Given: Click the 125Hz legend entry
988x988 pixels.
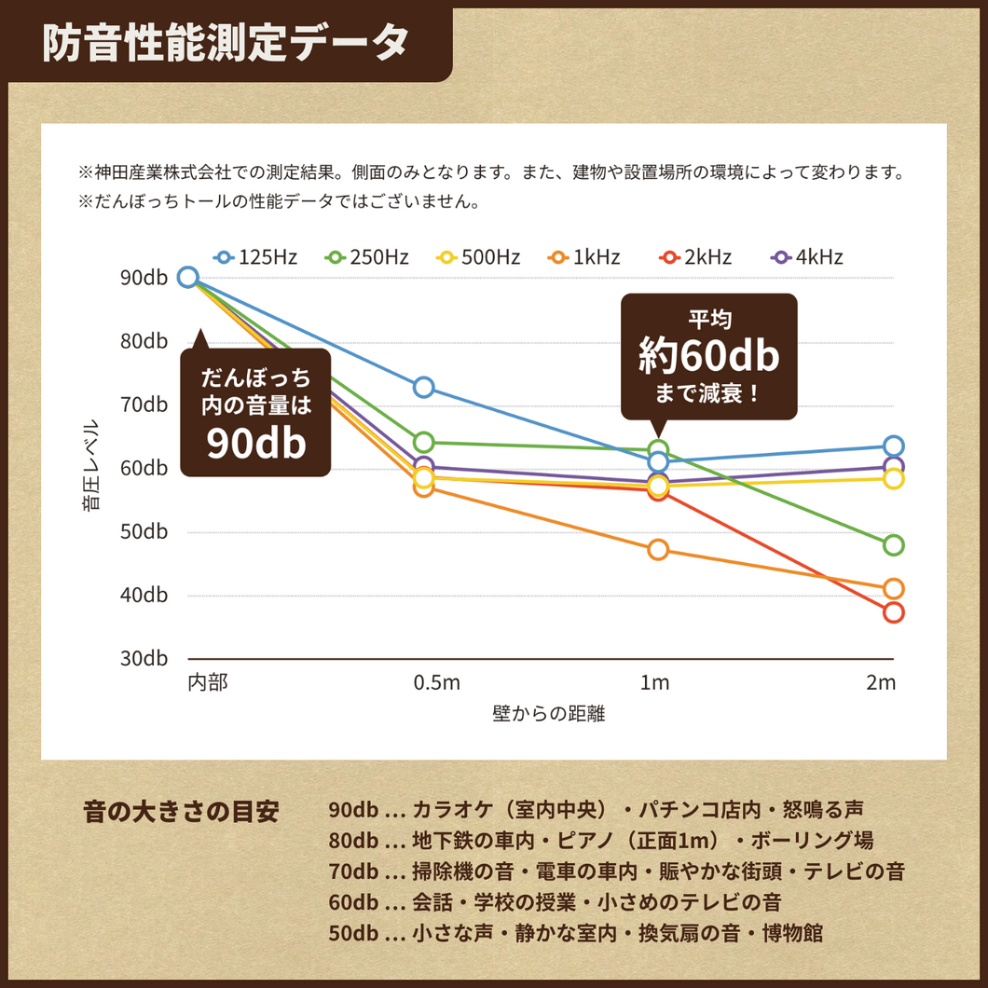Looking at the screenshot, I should click(255, 257).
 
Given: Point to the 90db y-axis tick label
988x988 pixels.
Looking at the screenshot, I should click(144, 277).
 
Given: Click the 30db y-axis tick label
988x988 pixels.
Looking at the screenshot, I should click(144, 658).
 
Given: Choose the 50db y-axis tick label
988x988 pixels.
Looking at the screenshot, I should click(144, 531).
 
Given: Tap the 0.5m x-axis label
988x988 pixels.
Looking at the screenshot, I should click(437, 683).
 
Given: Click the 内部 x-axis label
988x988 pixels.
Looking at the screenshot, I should click(208, 683).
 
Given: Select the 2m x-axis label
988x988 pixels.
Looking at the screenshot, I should click(880, 683).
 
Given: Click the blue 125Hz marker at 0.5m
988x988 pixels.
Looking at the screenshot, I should click(424, 387).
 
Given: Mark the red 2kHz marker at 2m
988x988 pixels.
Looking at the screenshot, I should click(894, 612).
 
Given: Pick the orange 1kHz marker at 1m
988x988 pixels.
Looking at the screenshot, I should click(658, 550).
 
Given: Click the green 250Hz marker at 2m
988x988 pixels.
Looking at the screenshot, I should click(894, 545).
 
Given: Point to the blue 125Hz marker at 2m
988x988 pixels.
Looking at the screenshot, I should click(894, 446).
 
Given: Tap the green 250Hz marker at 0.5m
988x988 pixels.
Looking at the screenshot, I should click(424, 442).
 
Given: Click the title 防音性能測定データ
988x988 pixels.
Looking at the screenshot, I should click(226, 43).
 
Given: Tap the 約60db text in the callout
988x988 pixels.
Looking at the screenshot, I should click(708, 354).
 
